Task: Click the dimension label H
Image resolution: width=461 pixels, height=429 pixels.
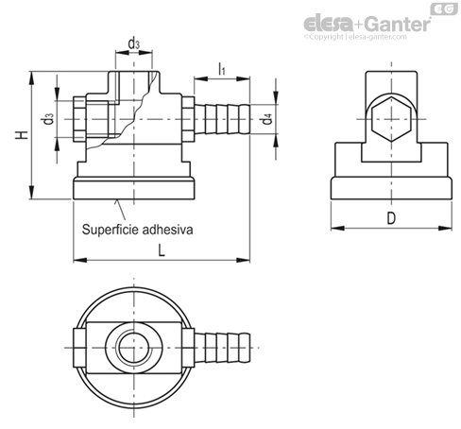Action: (23, 135)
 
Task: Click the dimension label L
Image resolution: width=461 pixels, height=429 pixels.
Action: (162, 250)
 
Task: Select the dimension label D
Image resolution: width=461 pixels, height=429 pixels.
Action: (391, 218)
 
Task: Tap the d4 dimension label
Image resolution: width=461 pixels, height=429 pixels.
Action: (267, 120)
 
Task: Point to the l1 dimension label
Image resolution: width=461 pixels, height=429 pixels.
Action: (222, 69)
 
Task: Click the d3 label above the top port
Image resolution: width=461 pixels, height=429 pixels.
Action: (134, 43)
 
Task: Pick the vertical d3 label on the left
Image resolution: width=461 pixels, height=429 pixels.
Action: (49, 119)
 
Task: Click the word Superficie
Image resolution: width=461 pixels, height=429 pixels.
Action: (111, 230)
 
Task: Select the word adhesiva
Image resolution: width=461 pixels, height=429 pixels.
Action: (167, 230)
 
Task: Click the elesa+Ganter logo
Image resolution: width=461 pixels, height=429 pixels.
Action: (367, 24)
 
